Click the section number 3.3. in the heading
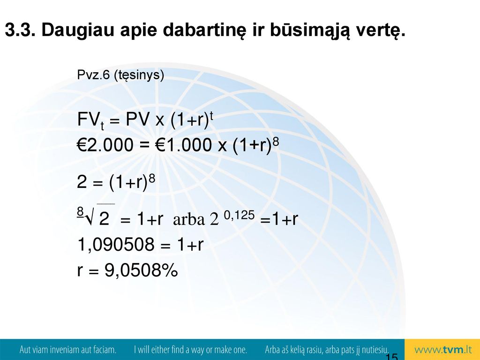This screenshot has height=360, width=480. click(x=20, y=30)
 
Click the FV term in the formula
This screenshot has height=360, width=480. click(x=90, y=120)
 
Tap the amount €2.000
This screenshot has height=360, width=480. click(x=105, y=145)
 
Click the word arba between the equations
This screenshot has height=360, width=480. click(x=188, y=219)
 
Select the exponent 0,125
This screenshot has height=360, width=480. click(x=239, y=215)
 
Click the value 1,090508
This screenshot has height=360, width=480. click(x=116, y=245)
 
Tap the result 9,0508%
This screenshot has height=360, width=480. click(x=141, y=270)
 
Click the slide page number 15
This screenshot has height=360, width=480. click(x=391, y=357)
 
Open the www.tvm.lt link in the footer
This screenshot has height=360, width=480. click(x=443, y=350)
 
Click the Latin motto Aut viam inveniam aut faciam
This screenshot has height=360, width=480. click(x=68, y=350)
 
